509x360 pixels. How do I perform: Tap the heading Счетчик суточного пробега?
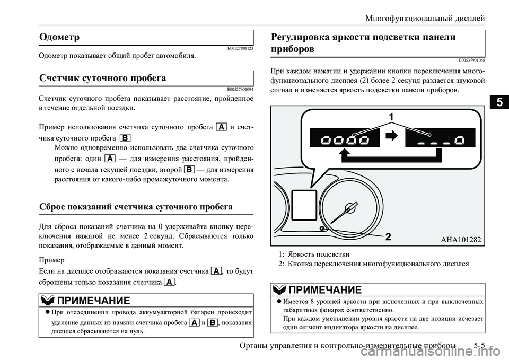pyautogui.click(x=102, y=78)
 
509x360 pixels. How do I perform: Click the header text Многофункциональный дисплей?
pyautogui.click(x=425, y=18)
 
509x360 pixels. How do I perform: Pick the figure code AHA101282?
pyautogui.click(x=460, y=239)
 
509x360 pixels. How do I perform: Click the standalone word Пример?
pyautogui.click(x=51, y=260)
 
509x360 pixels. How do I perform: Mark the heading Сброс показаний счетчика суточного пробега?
pyautogui.click(x=136, y=206)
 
